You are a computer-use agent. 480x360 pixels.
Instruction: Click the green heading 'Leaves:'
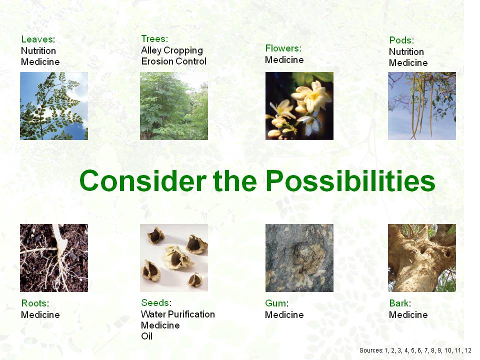(x=38, y=39)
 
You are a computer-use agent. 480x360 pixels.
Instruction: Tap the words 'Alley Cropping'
(x=171, y=50)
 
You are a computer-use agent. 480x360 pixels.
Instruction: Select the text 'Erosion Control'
(x=173, y=61)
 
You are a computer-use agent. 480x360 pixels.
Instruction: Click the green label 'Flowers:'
(x=283, y=48)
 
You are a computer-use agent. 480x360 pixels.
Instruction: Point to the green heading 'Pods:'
(x=401, y=40)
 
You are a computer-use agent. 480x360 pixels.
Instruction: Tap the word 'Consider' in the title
(x=142, y=180)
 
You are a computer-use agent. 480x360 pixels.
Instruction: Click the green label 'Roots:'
(x=35, y=303)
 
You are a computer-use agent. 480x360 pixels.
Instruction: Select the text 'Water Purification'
(x=178, y=314)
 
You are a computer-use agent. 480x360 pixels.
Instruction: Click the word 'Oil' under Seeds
(x=146, y=336)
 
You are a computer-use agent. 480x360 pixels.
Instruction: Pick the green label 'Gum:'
(x=276, y=303)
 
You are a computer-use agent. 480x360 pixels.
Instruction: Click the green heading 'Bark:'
(x=400, y=303)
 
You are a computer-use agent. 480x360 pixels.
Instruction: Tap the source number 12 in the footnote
(x=468, y=350)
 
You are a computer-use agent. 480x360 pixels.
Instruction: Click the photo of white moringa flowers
(x=299, y=106)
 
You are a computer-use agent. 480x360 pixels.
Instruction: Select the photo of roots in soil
(x=54, y=258)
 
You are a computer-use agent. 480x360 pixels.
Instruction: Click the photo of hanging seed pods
(x=422, y=106)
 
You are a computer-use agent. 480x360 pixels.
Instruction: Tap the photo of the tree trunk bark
(x=422, y=258)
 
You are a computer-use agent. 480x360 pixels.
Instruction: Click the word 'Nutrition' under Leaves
(x=38, y=50)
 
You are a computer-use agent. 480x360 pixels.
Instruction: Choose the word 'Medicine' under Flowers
(x=284, y=59)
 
